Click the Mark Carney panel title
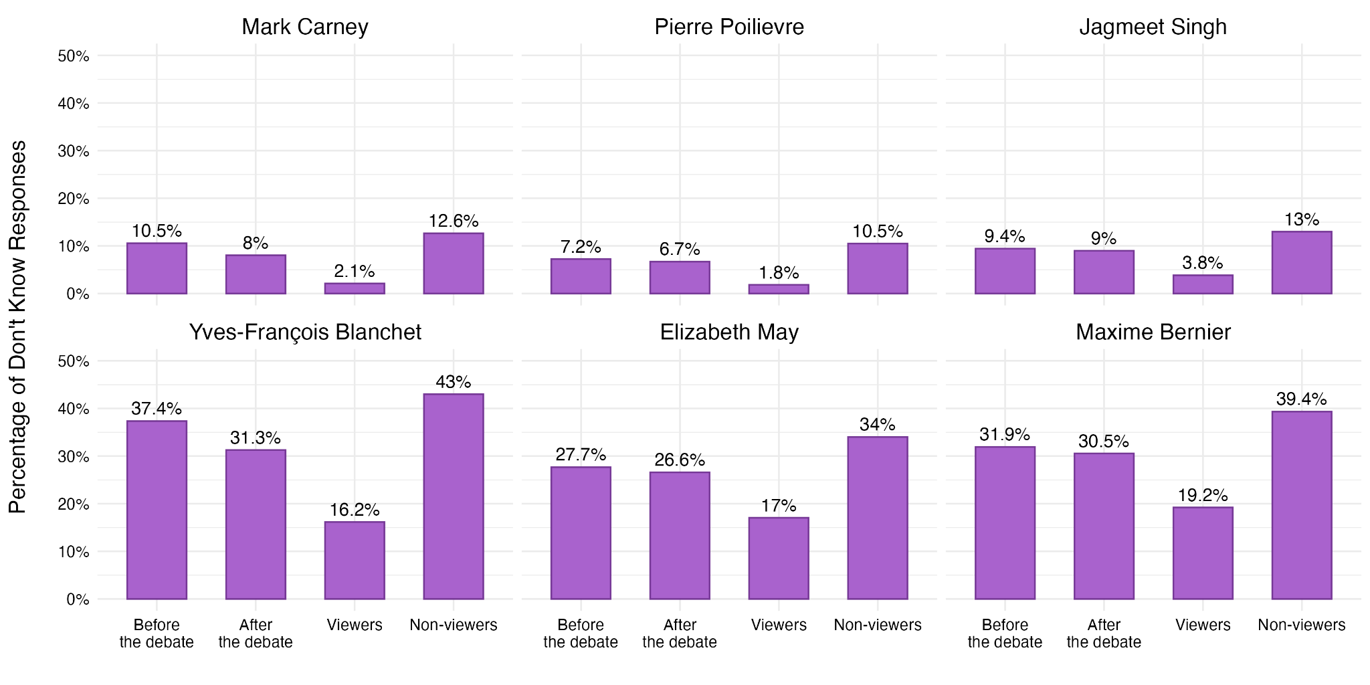(x=304, y=27)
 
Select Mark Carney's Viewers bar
(x=355, y=288)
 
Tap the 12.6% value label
(x=453, y=221)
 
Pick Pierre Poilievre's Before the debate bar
(x=581, y=276)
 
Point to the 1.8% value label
(x=779, y=273)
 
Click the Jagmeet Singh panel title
(x=1153, y=27)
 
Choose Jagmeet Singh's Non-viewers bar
(x=1301, y=263)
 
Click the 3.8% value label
(x=1202, y=263)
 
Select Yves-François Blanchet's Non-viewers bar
(x=453, y=496)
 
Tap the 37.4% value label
(x=157, y=409)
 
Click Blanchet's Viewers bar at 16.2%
(x=355, y=561)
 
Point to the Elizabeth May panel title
(x=729, y=332)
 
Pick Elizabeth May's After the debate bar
(x=680, y=536)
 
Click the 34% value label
(x=877, y=425)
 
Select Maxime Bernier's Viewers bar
(x=1202, y=553)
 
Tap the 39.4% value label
(x=1301, y=399)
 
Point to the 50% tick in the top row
(x=74, y=56)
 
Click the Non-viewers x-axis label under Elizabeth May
(x=877, y=625)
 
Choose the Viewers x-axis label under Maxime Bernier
(x=1202, y=625)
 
